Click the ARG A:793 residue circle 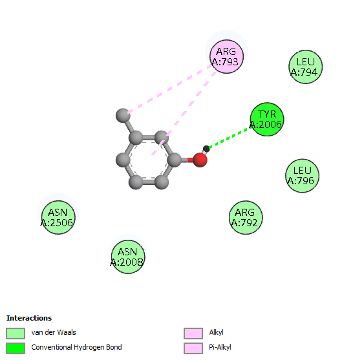click(226, 57)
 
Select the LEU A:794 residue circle click(306, 67)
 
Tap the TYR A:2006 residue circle click(267, 120)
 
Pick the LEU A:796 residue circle click(302, 176)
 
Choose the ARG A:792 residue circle click(246, 217)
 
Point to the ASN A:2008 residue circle click(128, 257)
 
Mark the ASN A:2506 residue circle click(58, 217)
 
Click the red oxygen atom click(200, 160)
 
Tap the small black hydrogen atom click(206, 149)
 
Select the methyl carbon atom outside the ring click(123, 115)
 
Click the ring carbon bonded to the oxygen click(174, 160)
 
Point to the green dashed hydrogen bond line click(230, 138)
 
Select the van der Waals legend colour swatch click(16, 334)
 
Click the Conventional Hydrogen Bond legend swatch click(16, 348)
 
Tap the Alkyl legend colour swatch click(193, 334)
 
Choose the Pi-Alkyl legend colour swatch click(193, 348)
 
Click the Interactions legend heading click(29, 318)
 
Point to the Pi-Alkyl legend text click(220, 347)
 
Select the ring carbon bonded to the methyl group click(136, 138)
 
